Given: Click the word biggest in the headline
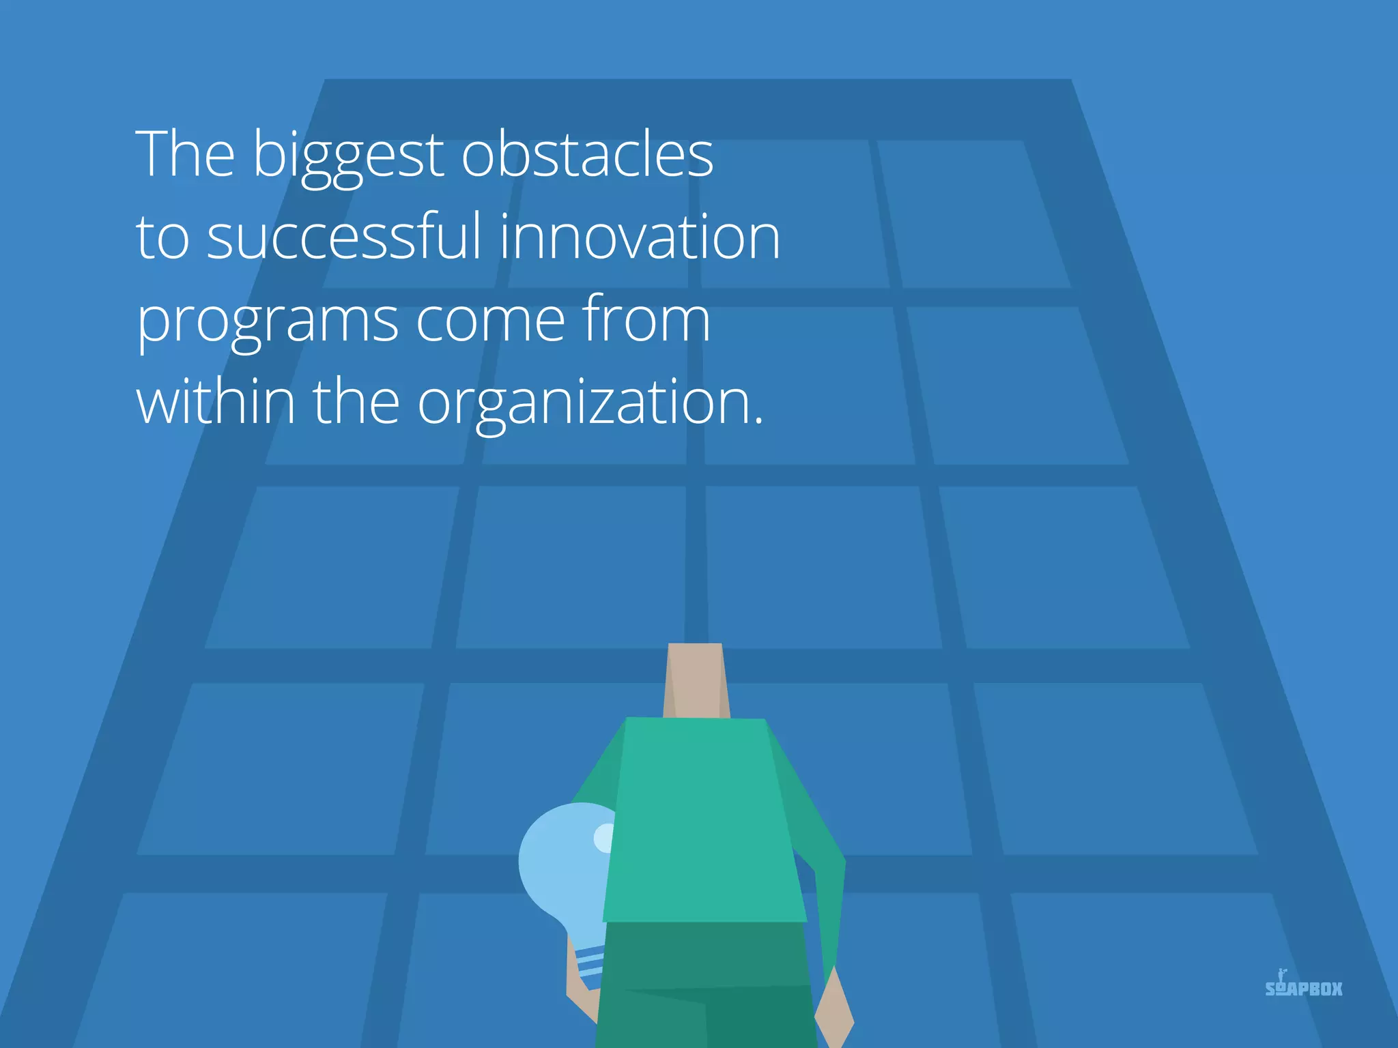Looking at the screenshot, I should coord(349,156).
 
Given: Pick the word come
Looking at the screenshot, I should coord(490,319).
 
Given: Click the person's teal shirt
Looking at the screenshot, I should coord(703,819).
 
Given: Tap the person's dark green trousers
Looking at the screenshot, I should coord(703,982).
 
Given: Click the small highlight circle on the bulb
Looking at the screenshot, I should coord(605,838).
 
